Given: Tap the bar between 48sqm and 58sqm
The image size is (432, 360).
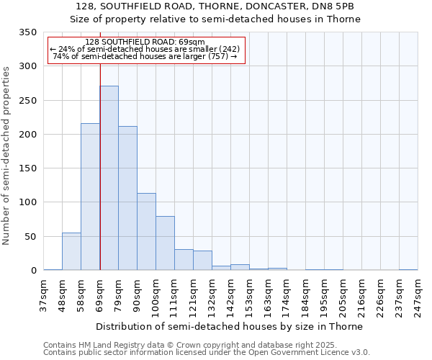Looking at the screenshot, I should tap(71, 251).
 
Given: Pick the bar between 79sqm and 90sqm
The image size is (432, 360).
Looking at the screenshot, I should tap(127, 198).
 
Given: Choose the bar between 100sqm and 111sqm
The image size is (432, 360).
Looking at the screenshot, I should tap(165, 243).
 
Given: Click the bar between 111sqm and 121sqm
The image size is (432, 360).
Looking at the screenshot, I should tap(184, 260).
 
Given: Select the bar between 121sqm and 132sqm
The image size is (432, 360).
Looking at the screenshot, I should tap(202, 261).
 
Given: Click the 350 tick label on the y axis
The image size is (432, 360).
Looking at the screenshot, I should tap(27, 32).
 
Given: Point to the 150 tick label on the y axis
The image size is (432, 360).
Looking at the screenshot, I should tap(27, 168).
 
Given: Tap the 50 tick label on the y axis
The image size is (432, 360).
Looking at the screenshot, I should tap(30, 236).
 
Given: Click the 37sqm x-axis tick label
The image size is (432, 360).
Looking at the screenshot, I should tap(44, 296).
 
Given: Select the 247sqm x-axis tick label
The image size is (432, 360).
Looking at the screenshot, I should tap(418, 296).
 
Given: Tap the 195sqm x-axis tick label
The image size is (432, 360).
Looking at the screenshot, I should tap(325, 296).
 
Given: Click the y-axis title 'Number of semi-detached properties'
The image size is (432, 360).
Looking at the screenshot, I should tap(7, 156).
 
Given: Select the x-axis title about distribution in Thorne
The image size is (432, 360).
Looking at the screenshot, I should tap(229, 326).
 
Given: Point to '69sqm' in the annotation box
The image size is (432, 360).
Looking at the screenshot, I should tap(193, 42).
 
